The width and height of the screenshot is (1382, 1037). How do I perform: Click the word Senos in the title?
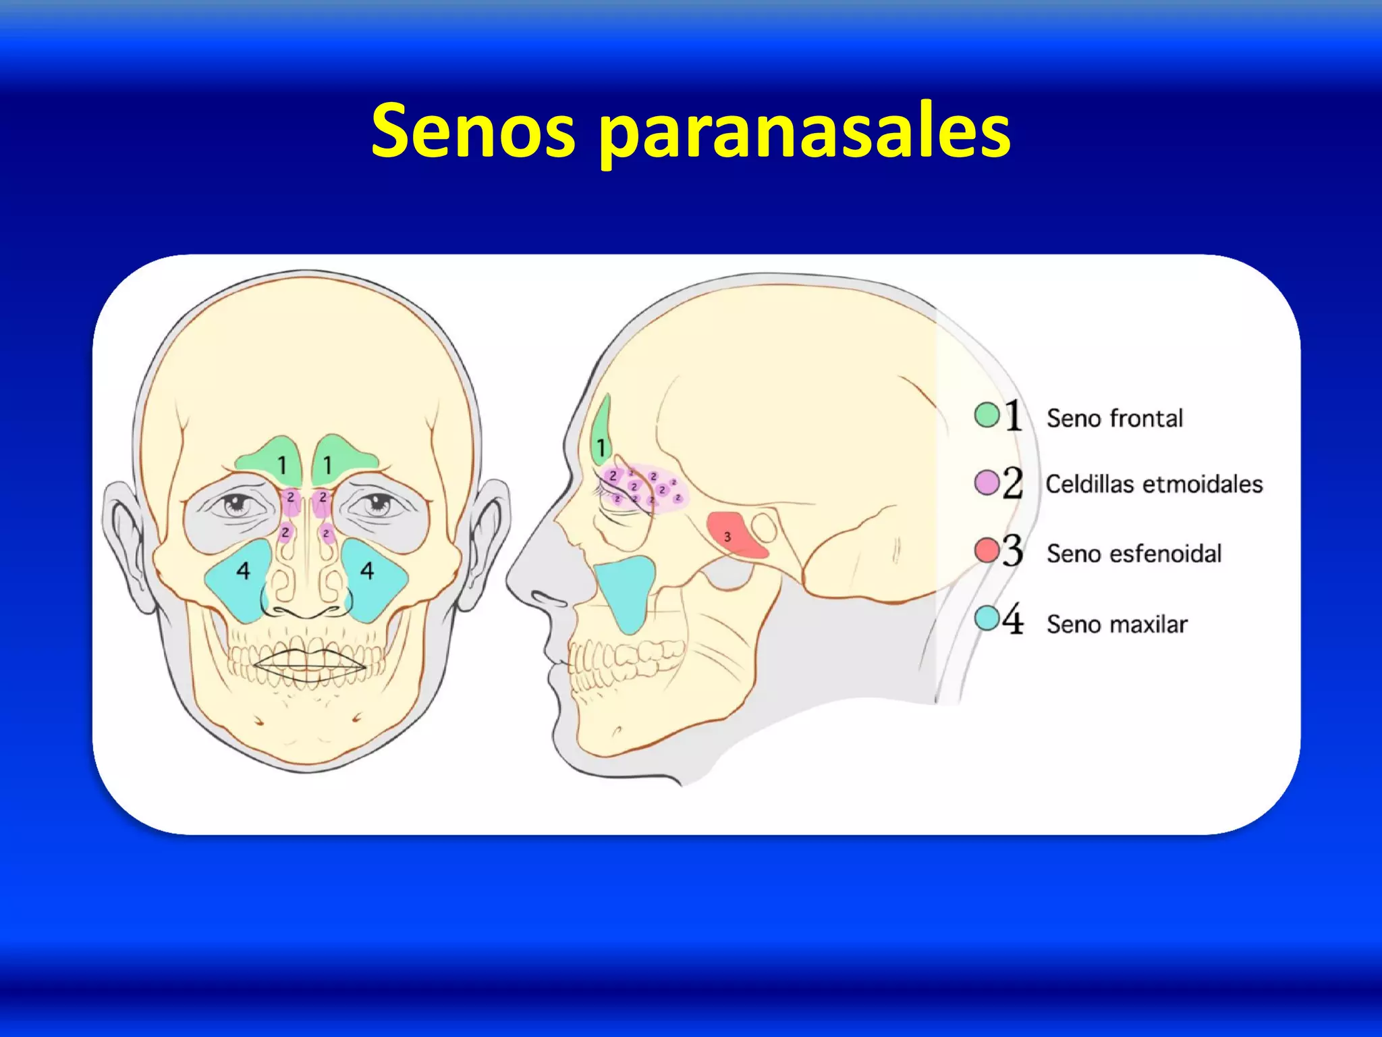click(473, 131)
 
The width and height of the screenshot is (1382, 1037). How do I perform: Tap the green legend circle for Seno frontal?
click(987, 415)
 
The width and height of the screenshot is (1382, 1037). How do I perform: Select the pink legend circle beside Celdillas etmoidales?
click(987, 483)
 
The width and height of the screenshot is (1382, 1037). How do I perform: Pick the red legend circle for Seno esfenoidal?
click(987, 551)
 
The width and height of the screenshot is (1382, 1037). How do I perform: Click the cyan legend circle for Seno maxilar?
click(987, 618)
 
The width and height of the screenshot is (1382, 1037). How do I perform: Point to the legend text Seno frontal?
click(1115, 419)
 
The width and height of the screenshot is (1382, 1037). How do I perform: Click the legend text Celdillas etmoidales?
click(1154, 484)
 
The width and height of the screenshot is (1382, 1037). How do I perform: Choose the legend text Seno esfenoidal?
click(1134, 554)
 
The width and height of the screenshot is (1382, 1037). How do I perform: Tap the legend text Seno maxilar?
click(1117, 624)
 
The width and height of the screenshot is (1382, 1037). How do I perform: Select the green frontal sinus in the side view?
click(601, 432)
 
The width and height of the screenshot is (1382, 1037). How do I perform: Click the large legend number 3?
click(1012, 551)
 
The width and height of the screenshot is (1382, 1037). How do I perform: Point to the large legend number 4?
click(1012, 619)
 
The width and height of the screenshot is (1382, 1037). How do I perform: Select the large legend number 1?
click(1013, 415)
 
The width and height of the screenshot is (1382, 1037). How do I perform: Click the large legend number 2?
click(1012, 483)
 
